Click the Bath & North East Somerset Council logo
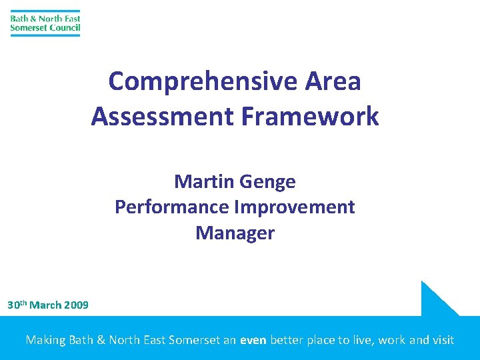coord(45,23)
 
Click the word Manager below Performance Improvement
coord(235,233)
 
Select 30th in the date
coord(17,305)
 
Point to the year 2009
coord(76,305)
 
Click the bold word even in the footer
coord(253,340)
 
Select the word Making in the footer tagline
coord(45,340)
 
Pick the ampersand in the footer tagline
coord(101,340)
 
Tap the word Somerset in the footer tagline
coord(194,340)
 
